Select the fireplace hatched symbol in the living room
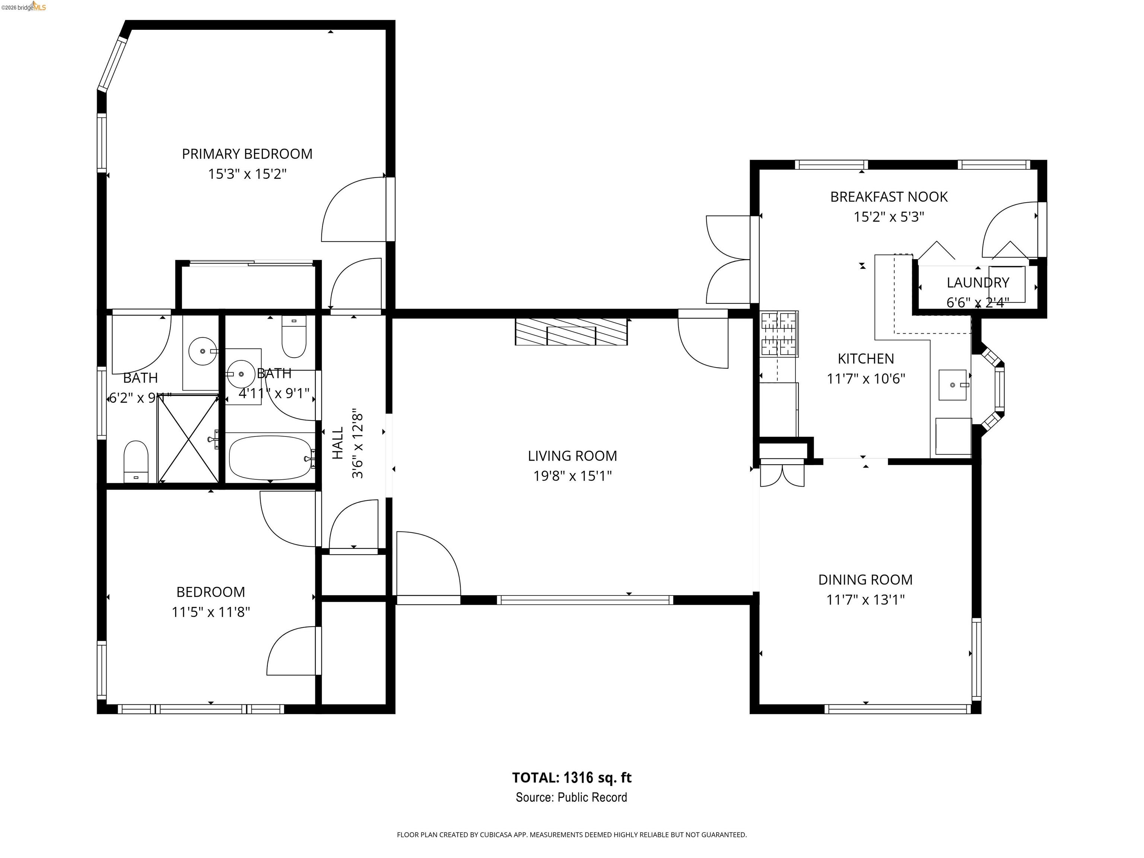(571, 332)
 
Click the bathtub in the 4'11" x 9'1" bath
(270, 457)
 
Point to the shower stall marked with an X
(188, 439)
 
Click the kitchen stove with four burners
(779, 334)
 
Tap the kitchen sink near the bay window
(952, 385)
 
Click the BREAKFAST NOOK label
(889, 197)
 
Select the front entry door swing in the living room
(428, 564)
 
